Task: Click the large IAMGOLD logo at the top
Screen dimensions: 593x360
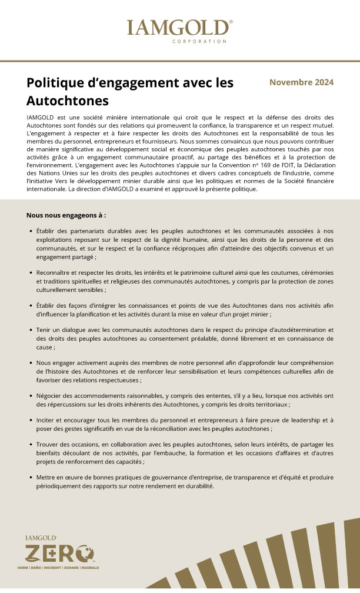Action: click(179, 28)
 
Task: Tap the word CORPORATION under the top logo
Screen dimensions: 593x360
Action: click(199, 42)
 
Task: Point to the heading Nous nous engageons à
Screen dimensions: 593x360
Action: click(66, 215)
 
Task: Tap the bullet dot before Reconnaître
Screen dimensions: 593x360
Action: click(30, 273)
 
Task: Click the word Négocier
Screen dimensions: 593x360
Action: click(51, 396)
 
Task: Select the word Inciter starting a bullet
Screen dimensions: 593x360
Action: click(48, 421)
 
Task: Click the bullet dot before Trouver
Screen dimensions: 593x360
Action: click(30, 445)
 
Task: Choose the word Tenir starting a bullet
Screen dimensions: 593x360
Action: click(46, 331)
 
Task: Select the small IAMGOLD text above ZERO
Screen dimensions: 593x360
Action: click(41, 538)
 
